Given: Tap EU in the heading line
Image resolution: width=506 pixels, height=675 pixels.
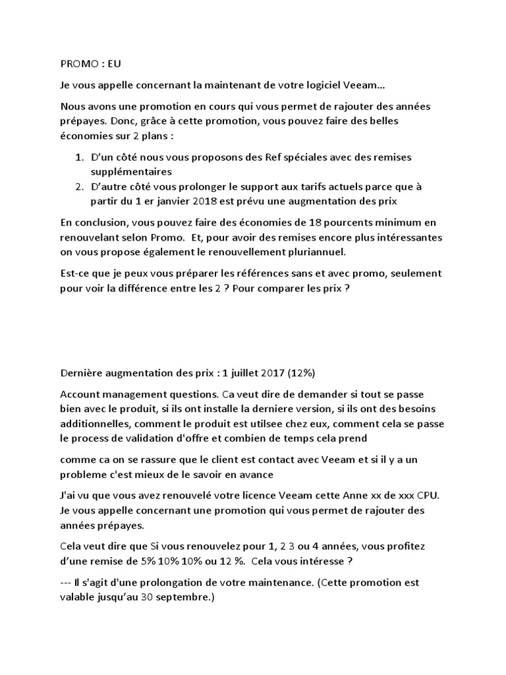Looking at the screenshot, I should coord(114,64).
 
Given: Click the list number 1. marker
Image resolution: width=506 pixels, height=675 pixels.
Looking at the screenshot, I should coord(78,158).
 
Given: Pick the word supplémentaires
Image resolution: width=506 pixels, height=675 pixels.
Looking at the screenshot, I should coord(131,171).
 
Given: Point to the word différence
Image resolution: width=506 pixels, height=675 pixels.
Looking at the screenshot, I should coord(173,287).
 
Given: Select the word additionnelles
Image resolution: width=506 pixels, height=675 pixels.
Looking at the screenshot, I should coord(96,423).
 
